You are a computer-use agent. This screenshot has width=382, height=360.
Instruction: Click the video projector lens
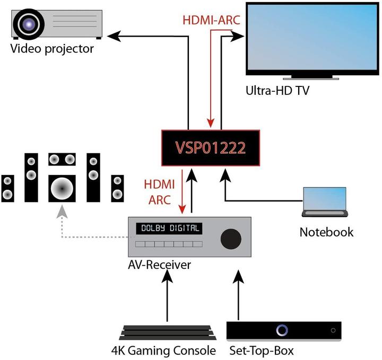(x=27, y=24)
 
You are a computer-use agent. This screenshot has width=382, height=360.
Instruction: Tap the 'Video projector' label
(x=51, y=49)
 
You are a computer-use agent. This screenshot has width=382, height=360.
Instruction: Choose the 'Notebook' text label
(x=326, y=232)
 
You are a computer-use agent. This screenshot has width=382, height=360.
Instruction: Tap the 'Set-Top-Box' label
(x=262, y=350)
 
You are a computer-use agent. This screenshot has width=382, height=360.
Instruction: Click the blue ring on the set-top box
(x=282, y=330)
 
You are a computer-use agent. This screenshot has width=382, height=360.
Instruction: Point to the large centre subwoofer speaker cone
(x=62, y=187)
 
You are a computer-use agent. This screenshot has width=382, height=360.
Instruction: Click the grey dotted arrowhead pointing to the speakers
(x=63, y=212)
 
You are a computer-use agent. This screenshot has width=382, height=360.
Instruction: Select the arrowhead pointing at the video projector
(x=113, y=36)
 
